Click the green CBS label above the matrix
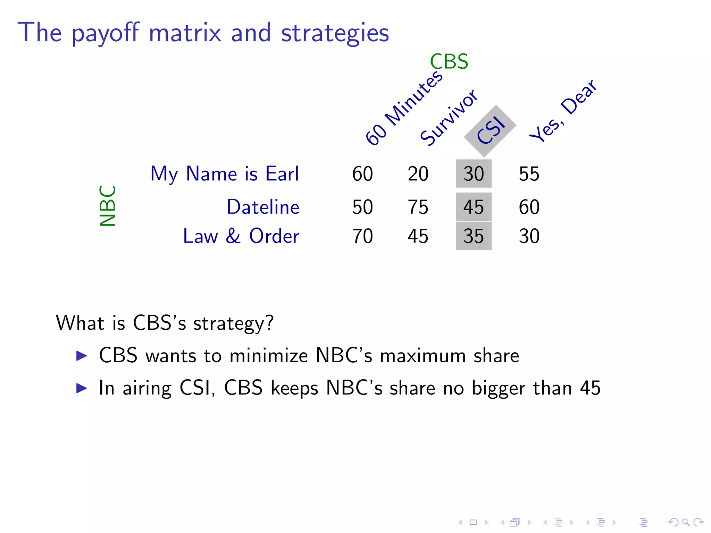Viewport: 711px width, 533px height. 449,62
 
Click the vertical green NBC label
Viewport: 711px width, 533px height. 107,206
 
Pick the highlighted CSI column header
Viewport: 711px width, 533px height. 490,130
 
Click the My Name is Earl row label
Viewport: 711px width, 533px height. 225,174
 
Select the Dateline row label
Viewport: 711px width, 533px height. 263,207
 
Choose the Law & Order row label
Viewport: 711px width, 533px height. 241,236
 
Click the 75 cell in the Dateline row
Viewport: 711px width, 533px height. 418,207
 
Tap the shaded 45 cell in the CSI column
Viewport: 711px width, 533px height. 474,207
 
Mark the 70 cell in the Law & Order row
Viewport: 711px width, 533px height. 362,236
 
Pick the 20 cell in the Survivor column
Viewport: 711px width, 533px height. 418,174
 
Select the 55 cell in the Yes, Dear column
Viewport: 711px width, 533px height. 529,174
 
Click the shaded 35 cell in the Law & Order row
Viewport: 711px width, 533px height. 474,236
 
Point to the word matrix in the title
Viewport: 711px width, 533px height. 185,33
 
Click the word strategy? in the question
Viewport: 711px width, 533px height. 233,324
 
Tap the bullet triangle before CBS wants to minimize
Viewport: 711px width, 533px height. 82,356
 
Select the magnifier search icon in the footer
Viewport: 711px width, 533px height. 686,522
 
